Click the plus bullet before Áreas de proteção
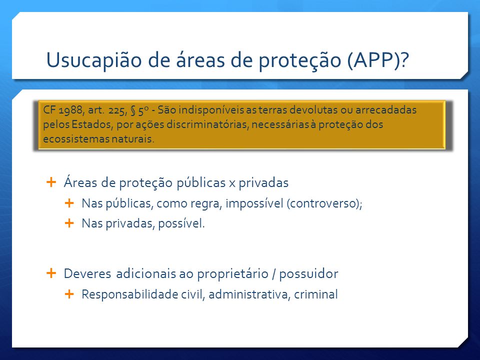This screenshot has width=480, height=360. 51,182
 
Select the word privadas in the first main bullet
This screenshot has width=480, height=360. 263,183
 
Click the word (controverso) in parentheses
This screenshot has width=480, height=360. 324,203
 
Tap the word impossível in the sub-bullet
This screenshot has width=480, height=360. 254,203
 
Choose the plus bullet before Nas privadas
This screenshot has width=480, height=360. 69,223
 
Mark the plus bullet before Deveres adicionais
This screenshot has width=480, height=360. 51,273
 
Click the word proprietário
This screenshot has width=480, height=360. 232,274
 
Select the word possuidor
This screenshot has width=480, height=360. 308,274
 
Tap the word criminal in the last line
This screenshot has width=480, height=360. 316,294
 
